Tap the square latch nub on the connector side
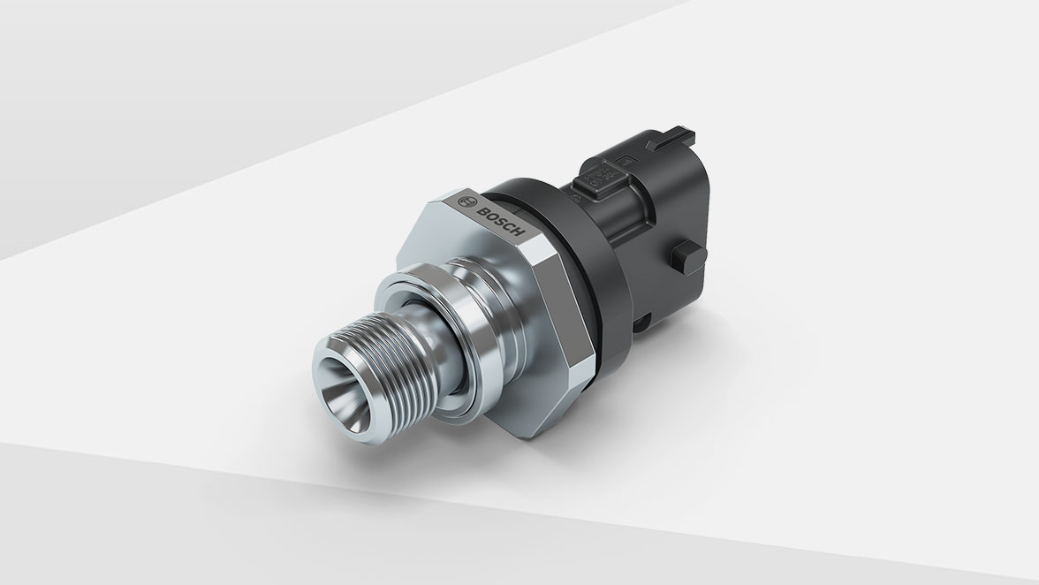point(683,257)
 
